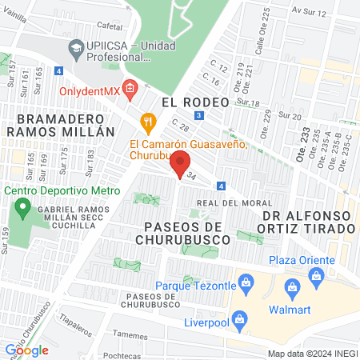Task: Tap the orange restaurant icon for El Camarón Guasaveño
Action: pyautogui.click(x=146, y=122)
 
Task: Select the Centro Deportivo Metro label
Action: pyautogui.click(x=62, y=191)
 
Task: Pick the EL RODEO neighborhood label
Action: pyautogui.click(x=195, y=102)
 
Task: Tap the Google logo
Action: pyautogui.click(x=26, y=350)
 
